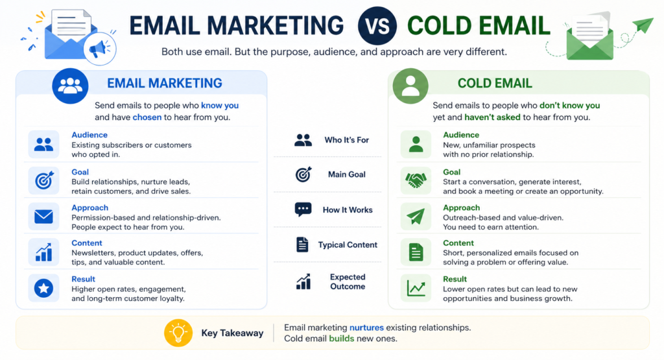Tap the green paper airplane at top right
pos(643,27)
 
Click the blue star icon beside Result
pos(43,289)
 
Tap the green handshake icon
pos(416,181)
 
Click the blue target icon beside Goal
pos(43,181)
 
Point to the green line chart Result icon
pos(416,288)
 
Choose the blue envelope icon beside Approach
pos(43,217)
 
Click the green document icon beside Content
pos(416,252)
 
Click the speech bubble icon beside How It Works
pos(303,210)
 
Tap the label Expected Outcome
pos(348,282)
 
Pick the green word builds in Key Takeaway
pos(342,339)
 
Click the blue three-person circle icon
pos(70,86)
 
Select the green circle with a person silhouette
pos(410,86)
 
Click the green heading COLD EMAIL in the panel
pos(495,84)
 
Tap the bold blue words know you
pos(220,105)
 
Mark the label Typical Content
pos(348,245)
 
